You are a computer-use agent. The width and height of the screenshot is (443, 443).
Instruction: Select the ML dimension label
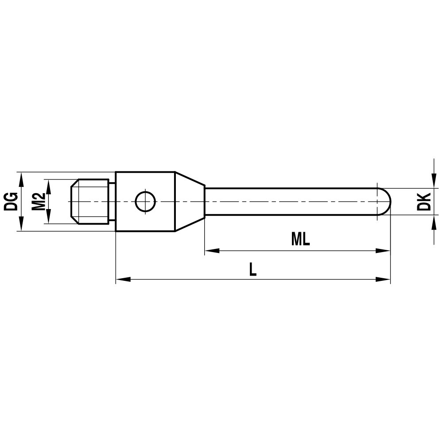coord(300,239)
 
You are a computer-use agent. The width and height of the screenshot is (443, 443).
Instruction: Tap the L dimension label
coord(253,269)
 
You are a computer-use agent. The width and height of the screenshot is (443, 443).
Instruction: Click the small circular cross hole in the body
coord(145,202)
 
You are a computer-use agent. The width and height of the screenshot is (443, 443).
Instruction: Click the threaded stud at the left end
coord(91,202)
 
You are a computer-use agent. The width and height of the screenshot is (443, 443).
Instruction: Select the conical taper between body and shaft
coord(190,202)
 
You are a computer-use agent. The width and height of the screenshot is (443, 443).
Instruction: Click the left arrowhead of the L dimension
coord(122,280)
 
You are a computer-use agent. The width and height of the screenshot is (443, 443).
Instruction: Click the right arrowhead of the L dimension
coord(384,280)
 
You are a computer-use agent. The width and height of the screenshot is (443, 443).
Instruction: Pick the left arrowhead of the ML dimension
coord(211,251)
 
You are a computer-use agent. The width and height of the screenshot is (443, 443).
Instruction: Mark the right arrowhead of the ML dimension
coord(384,251)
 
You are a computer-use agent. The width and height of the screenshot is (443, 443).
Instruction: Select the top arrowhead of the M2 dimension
coord(49,185)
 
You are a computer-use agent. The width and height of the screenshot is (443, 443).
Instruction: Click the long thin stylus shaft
coord(288,202)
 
